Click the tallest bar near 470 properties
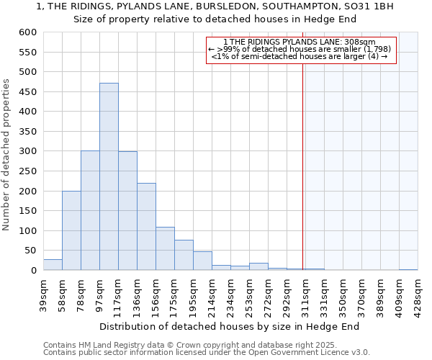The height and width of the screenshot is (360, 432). click(109, 176)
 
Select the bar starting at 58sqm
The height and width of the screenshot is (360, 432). click(71, 230)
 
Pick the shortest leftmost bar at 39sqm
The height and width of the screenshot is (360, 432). click(53, 265)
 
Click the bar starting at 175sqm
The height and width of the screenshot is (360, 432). click(184, 256)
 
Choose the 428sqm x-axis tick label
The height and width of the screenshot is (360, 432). click(418, 292)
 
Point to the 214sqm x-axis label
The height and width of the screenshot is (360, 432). click(212, 292)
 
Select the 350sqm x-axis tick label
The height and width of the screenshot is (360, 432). click(343, 292)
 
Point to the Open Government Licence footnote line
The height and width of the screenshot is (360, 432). click(207, 353)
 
